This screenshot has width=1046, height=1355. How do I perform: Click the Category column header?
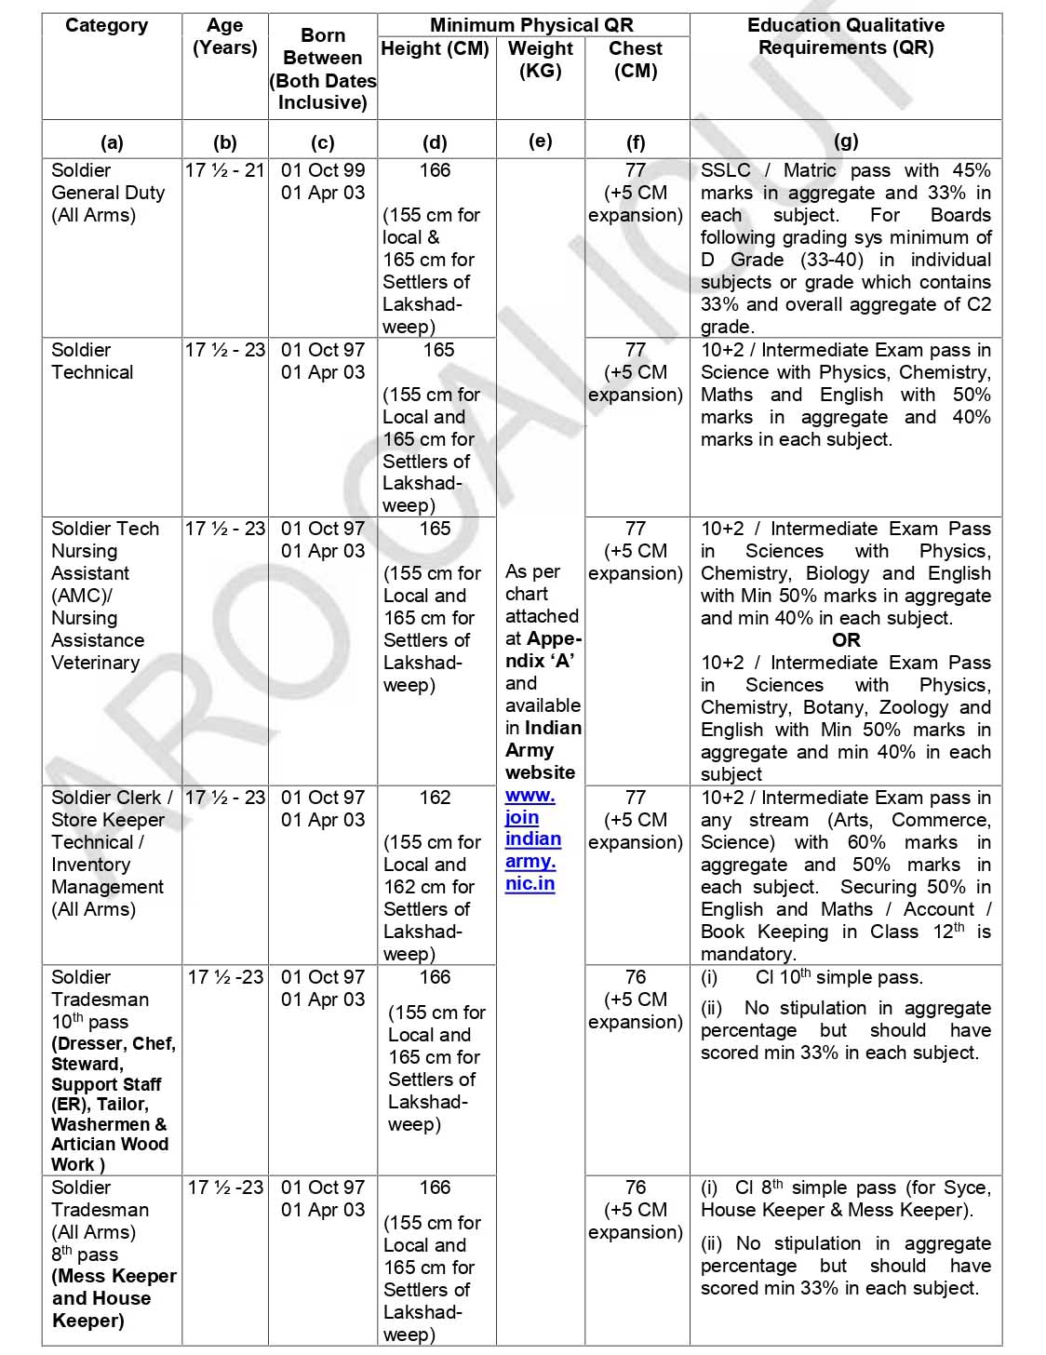pyautogui.click(x=106, y=25)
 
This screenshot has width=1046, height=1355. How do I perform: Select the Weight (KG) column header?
pyautogui.click(x=540, y=59)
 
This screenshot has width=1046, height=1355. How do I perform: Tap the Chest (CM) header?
pyautogui.click(x=636, y=59)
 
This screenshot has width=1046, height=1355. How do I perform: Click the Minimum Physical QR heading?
pyautogui.click(x=531, y=25)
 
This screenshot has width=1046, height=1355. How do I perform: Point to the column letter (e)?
pyautogui.click(x=540, y=141)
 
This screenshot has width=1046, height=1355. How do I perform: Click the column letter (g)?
pyautogui.click(x=845, y=141)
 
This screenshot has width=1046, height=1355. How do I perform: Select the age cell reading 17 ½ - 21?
pyautogui.click(x=224, y=170)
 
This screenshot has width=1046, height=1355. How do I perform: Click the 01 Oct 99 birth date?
pyautogui.click(x=323, y=170)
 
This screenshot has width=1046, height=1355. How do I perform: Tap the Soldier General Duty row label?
pyautogui.click(x=107, y=193)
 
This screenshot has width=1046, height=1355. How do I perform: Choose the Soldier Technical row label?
pyautogui.click(x=92, y=361)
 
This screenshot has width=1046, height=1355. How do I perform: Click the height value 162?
pyautogui.click(x=435, y=798)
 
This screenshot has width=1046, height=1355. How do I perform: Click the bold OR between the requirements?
pyautogui.click(x=846, y=640)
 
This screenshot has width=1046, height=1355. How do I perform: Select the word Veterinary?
pyautogui.click(x=95, y=663)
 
